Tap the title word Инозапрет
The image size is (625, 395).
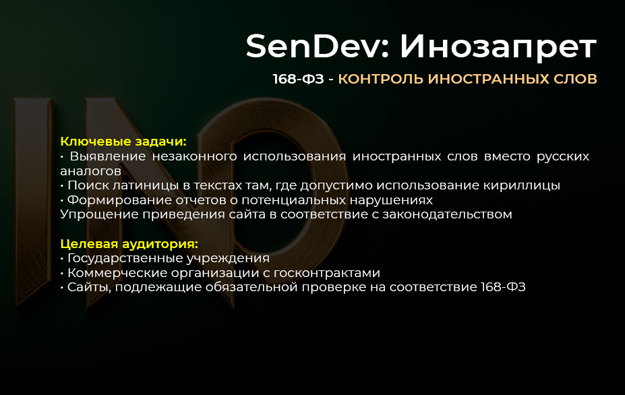point(498,47)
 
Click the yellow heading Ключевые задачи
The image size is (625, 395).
point(123,142)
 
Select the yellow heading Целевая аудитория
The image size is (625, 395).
point(129,244)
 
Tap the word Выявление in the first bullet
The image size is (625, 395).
point(105,156)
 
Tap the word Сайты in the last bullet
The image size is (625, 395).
point(86,288)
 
